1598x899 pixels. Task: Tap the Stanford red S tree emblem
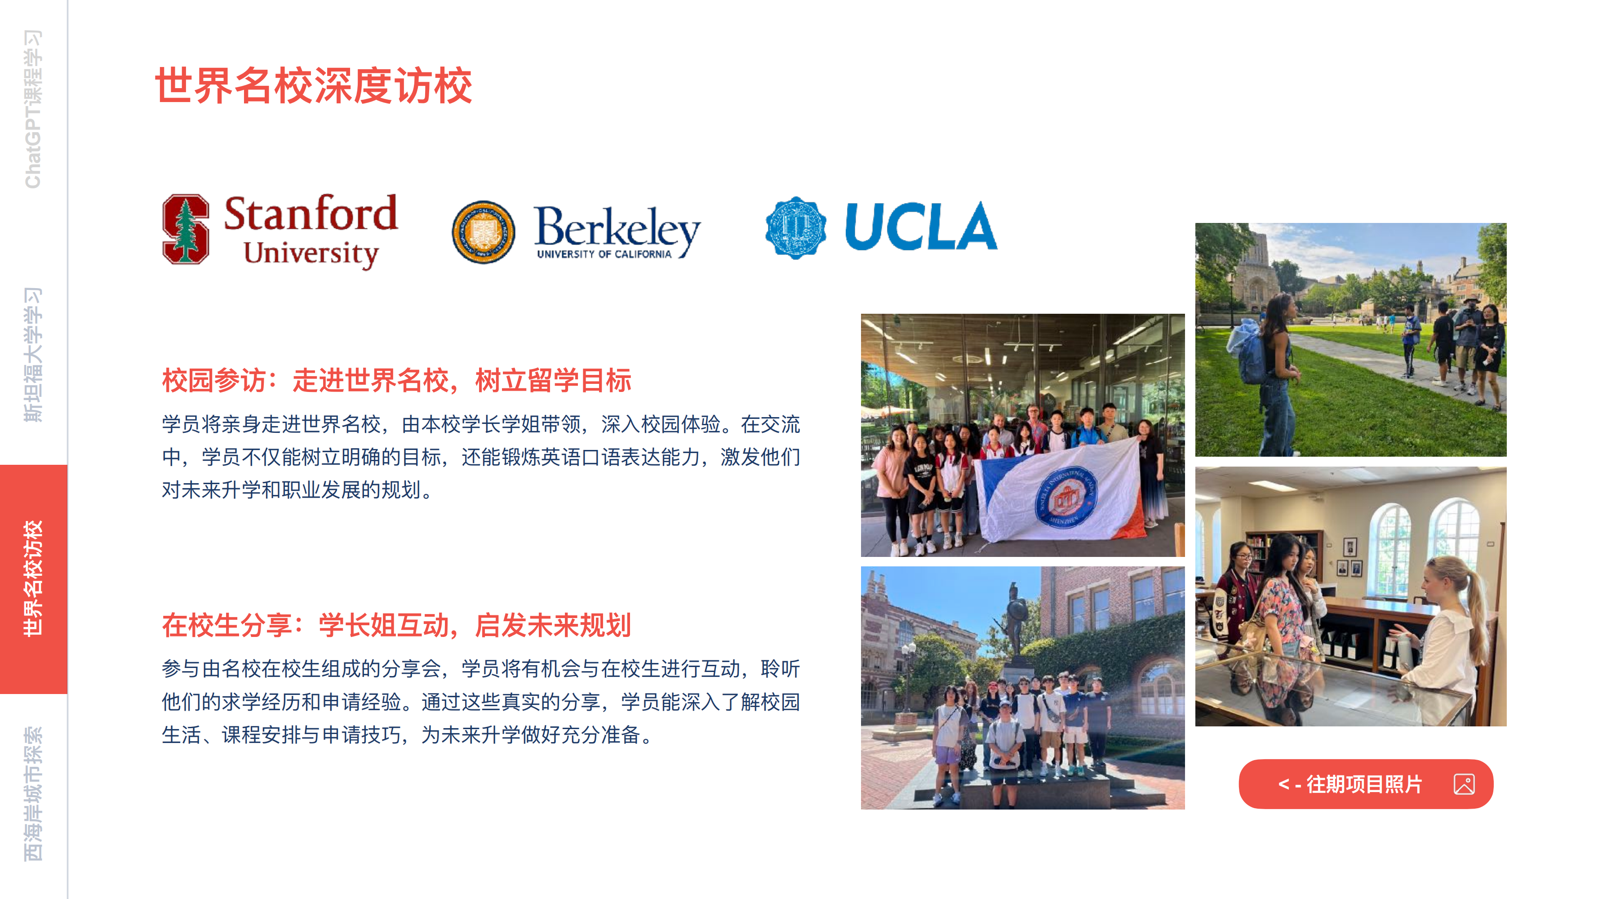point(186,229)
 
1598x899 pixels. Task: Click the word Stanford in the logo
point(310,213)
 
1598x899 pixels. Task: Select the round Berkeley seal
point(483,231)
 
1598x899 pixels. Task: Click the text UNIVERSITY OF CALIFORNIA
point(604,254)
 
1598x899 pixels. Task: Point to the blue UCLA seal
point(796,228)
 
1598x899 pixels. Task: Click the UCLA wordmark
point(921,227)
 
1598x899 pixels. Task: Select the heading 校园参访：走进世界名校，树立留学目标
point(396,380)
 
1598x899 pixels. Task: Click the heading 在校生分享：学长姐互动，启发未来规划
point(396,625)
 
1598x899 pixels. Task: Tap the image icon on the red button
point(1464,784)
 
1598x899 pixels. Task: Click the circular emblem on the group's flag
point(1066,496)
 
